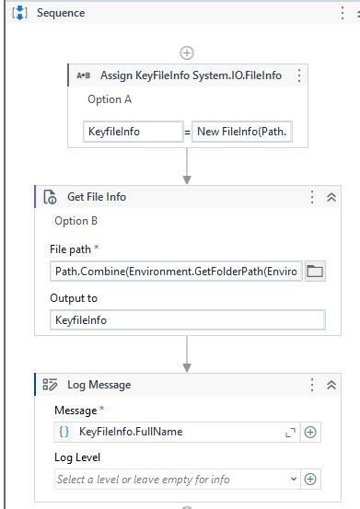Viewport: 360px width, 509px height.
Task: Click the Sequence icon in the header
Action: [x=19, y=13]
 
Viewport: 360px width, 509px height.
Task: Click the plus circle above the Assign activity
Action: [x=187, y=52]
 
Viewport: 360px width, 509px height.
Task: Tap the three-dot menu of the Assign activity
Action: [x=299, y=75]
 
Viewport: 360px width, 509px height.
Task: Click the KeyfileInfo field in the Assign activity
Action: [x=134, y=132]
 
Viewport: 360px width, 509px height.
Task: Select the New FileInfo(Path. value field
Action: [x=242, y=132]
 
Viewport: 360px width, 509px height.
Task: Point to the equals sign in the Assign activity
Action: [x=187, y=133]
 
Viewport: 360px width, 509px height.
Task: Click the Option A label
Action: [x=110, y=99]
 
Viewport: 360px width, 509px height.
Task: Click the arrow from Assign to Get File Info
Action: [x=187, y=167]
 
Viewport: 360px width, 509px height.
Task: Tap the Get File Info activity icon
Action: [x=50, y=197]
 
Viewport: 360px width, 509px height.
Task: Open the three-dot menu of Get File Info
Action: [x=312, y=197]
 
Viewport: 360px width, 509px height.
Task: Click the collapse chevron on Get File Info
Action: [x=331, y=197]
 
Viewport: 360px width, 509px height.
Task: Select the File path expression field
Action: [x=176, y=271]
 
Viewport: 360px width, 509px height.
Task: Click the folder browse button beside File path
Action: [x=315, y=271]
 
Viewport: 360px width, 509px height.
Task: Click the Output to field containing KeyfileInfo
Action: [x=188, y=320]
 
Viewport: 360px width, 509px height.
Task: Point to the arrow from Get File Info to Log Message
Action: [x=187, y=353]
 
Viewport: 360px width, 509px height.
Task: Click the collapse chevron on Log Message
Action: [x=331, y=385]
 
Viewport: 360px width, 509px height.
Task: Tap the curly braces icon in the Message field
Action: [x=64, y=432]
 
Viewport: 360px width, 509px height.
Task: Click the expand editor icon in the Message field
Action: [x=290, y=433]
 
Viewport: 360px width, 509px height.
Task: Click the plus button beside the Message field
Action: [x=310, y=432]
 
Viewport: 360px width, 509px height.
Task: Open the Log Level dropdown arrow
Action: [x=294, y=480]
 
